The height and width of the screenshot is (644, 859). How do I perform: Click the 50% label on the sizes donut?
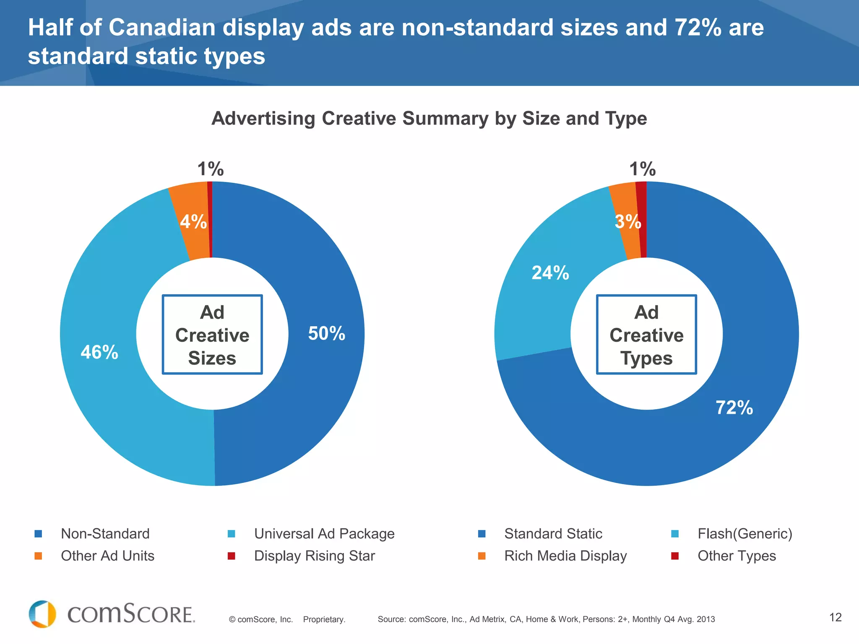(326, 334)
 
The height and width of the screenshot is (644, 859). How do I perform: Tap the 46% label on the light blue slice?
(99, 352)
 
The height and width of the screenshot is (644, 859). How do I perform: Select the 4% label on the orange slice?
(193, 222)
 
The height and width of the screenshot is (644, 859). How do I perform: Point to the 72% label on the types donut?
(734, 408)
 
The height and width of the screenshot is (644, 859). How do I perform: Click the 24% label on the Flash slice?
(550, 273)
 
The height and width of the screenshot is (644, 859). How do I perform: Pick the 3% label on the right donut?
(627, 222)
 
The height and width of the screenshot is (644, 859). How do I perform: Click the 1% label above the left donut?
(211, 169)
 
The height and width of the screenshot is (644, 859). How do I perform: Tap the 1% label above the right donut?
(642, 169)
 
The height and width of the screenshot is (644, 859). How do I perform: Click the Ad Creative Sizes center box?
(212, 335)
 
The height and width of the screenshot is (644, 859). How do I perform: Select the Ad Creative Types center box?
(646, 335)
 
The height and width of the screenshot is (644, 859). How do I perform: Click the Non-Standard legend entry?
(105, 534)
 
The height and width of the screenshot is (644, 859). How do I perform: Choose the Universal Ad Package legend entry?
(324, 534)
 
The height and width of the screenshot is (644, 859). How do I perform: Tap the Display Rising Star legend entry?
(314, 556)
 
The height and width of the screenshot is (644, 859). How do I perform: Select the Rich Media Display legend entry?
(565, 556)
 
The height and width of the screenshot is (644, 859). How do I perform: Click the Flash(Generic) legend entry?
(744, 534)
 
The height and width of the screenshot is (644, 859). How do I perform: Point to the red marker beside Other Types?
(675, 556)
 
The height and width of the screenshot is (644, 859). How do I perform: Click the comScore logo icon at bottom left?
(42, 614)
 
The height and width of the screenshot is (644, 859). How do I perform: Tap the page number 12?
(835, 617)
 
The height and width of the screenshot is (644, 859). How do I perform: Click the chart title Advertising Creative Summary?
(429, 119)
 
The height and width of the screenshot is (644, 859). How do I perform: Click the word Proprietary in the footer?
(324, 619)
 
